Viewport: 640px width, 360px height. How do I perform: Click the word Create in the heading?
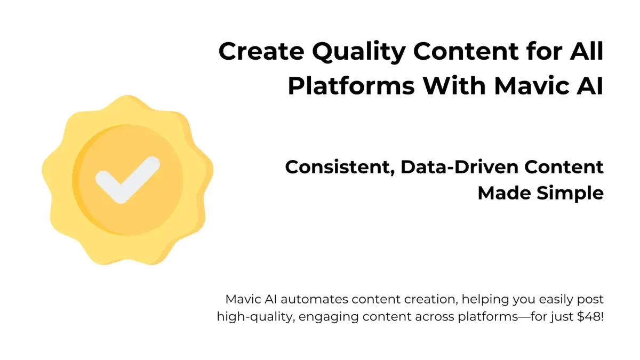tap(261, 51)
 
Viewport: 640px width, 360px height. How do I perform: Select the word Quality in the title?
tap(358, 53)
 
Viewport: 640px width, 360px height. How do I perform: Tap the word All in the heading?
tap(587, 51)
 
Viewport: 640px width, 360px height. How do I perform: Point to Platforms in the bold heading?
tap(351, 86)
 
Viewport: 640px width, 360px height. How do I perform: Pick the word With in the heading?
tap(454, 85)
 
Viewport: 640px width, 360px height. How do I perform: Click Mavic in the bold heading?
tap(531, 86)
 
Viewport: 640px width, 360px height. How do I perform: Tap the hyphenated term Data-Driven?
tap(459, 167)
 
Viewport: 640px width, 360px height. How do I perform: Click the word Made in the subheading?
tap(505, 193)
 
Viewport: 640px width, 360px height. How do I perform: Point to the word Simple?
tap(570, 194)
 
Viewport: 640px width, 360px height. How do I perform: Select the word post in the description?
tap(590, 300)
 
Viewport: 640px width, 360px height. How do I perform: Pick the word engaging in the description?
tap(329, 318)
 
